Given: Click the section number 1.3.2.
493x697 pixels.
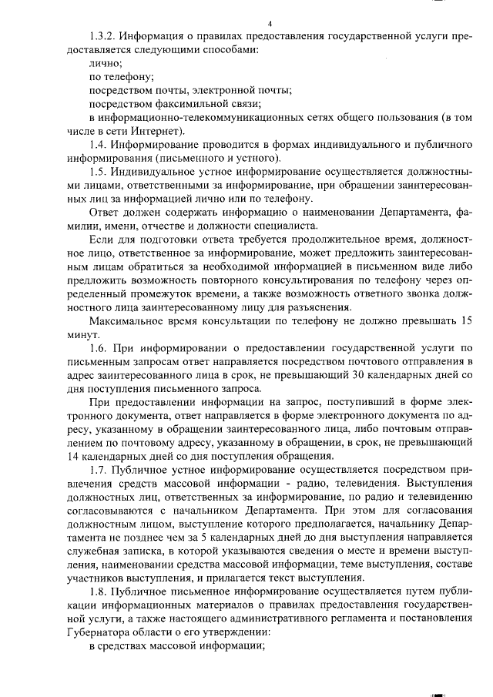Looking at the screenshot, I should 103,36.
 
